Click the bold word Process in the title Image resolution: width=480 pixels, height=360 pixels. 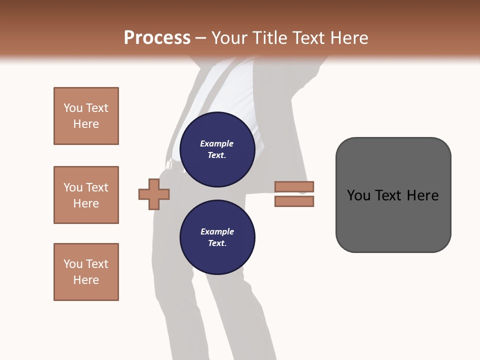point(157,38)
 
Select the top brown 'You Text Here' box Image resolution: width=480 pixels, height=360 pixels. point(86,116)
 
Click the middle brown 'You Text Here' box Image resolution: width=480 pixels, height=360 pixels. point(86,195)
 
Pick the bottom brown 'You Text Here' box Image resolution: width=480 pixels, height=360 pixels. point(86,272)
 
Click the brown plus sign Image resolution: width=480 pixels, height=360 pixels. point(154,194)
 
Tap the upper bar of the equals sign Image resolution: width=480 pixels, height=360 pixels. point(294,186)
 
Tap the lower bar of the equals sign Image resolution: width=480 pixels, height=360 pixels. point(294,201)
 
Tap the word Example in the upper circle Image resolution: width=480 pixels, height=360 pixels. point(216,144)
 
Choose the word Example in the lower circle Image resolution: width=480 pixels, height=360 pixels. point(217,231)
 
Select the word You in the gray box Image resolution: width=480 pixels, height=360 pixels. point(358,195)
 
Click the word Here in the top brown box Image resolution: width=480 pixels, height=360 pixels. point(86,124)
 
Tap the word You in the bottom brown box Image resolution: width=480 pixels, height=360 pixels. point(73,264)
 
